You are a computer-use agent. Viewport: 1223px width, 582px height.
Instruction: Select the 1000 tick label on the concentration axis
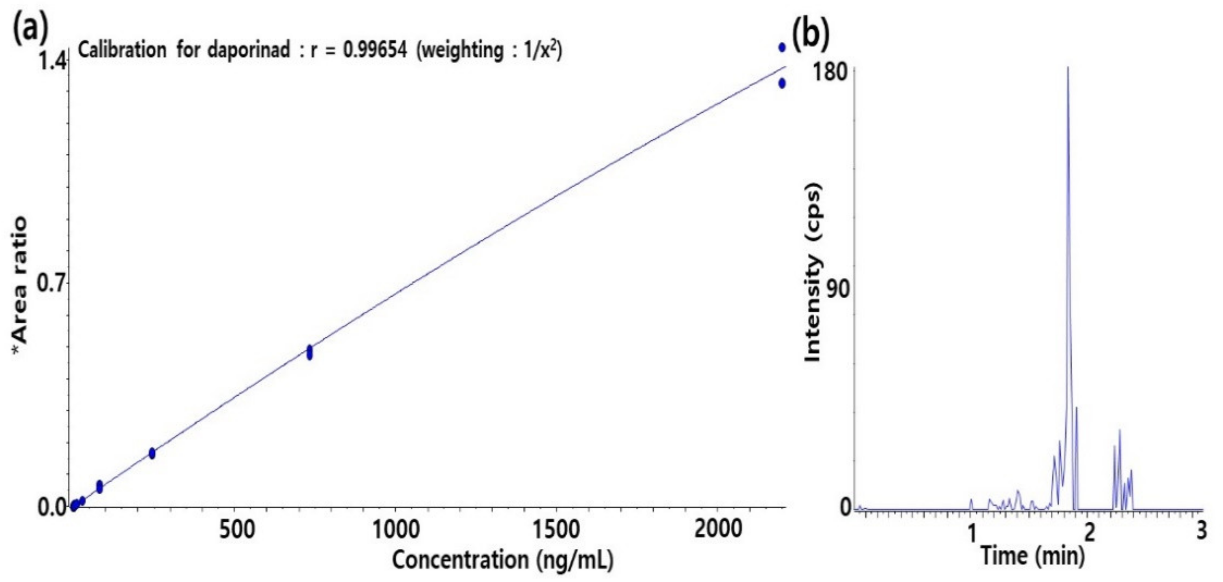pyautogui.click(x=395, y=529)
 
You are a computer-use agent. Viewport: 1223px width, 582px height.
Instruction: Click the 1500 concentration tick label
pyautogui.click(x=556, y=529)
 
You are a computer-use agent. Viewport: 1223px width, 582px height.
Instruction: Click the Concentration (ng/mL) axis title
pyautogui.click(x=503, y=560)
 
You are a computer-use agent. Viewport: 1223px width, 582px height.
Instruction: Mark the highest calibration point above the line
pyautogui.click(x=782, y=47)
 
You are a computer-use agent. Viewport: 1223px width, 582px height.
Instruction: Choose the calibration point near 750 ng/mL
pyautogui.click(x=309, y=353)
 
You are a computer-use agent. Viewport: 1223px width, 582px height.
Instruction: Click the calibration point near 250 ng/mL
pyautogui.click(x=152, y=453)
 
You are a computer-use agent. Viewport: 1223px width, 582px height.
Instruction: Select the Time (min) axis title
pyautogui.click(x=1033, y=555)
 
